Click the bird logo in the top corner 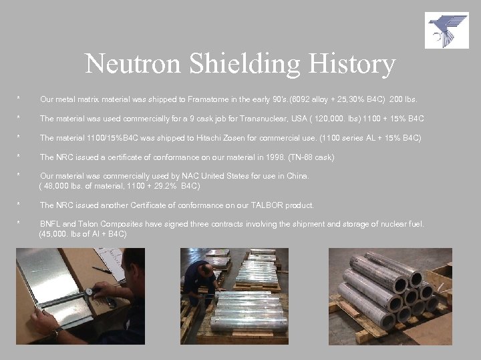point(447,30)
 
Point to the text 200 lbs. point(403,99)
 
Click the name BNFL point(51,224)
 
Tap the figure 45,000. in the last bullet point(56,234)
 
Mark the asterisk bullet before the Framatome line point(19,99)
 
